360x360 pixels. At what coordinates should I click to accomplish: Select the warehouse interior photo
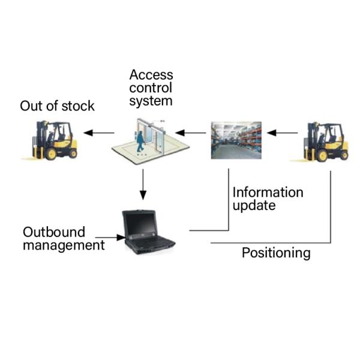click(x=236, y=140)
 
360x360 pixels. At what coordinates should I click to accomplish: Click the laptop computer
click(x=147, y=232)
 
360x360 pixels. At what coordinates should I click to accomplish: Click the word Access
click(x=151, y=75)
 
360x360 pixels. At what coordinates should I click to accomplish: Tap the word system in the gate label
click(x=151, y=101)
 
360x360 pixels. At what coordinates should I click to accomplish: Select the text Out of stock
click(x=57, y=106)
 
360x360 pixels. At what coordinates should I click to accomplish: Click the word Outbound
click(x=54, y=232)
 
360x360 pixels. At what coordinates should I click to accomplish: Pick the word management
click(x=64, y=245)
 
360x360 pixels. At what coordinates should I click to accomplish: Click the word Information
click(x=268, y=193)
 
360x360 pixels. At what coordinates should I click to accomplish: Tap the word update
click(x=254, y=206)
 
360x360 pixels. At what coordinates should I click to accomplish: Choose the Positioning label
click(x=276, y=253)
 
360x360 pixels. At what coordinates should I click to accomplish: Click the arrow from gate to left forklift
click(x=98, y=133)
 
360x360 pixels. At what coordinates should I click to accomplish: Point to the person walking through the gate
click(x=140, y=140)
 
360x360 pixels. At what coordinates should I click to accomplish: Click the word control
click(x=151, y=88)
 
